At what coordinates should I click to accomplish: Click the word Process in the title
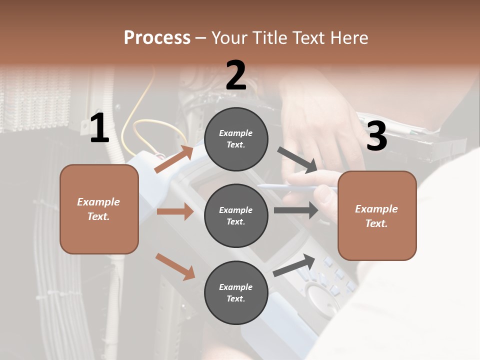point(157,38)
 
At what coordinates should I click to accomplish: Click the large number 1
point(99,128)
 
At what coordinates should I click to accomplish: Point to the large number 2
point(236,75)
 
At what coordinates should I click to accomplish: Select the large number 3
point(376,136)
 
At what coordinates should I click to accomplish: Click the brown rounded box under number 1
point(99,209)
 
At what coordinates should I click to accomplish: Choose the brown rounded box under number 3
point(377,215)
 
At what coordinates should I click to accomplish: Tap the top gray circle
point(236,139)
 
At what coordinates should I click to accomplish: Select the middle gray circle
point(236,215)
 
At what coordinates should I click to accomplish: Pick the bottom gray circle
point(236,292)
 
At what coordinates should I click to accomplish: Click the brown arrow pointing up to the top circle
point(174,159)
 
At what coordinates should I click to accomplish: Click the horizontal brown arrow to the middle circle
point(175,211)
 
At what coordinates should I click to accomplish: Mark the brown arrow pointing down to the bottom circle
point(175,266)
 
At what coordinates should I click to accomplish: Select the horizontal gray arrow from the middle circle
point(296,210)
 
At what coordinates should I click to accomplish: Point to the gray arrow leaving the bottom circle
point(294,265)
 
